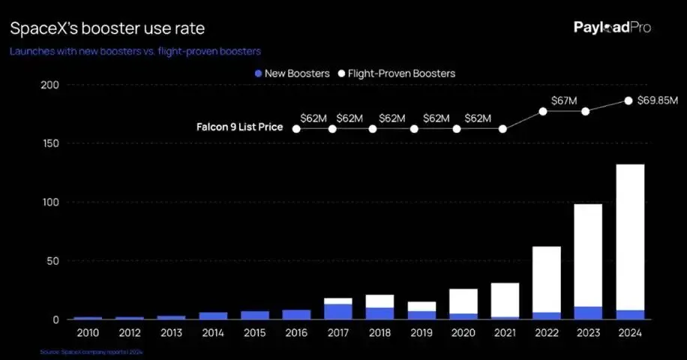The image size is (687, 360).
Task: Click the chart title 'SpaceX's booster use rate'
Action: [106, 28]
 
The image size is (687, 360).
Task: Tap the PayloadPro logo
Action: [612, 28]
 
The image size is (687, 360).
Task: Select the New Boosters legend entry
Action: [292, 73]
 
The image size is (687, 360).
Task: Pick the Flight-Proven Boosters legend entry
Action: [397, 73]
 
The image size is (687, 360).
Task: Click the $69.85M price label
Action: [657, 100]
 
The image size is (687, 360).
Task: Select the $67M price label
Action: [563, 100]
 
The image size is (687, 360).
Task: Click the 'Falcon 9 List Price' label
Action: [239, 127]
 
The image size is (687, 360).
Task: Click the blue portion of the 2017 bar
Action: [338, 311]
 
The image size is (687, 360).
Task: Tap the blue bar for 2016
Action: [296, 314]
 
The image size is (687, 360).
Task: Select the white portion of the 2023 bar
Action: [588, 255]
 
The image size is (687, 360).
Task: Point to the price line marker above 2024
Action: [628, 100]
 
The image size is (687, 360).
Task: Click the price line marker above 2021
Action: [502, 129]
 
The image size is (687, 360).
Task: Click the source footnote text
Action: [91, 351]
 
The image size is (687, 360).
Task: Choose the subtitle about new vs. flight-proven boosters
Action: [134, 51]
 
